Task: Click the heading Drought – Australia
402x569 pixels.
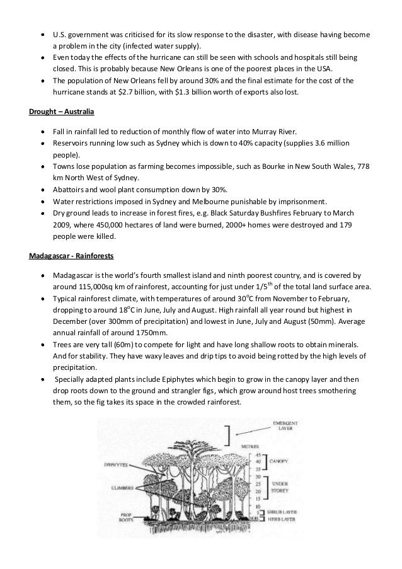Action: coord(61,112)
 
